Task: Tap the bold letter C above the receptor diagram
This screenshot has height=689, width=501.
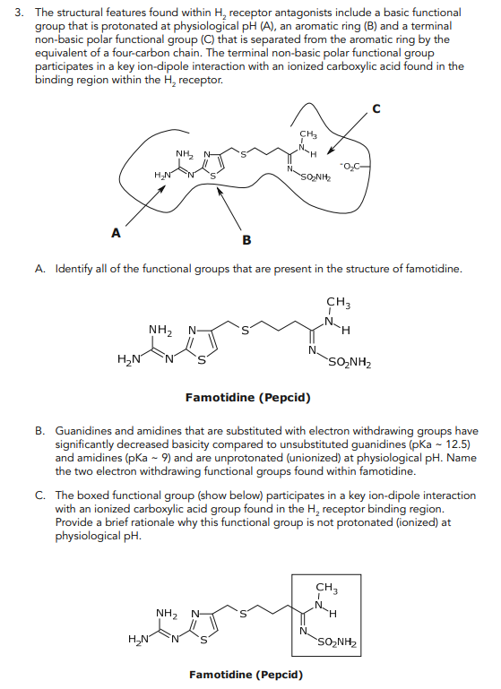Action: point(376,109)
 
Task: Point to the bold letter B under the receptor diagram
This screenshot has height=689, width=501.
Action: point(247,239)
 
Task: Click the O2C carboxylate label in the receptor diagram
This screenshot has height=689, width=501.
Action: point(351,165)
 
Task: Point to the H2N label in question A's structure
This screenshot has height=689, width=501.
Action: point(129,360)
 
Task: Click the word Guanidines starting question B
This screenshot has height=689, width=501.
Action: point(88,431)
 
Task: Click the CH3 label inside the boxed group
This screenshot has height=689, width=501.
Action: point(328,589)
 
